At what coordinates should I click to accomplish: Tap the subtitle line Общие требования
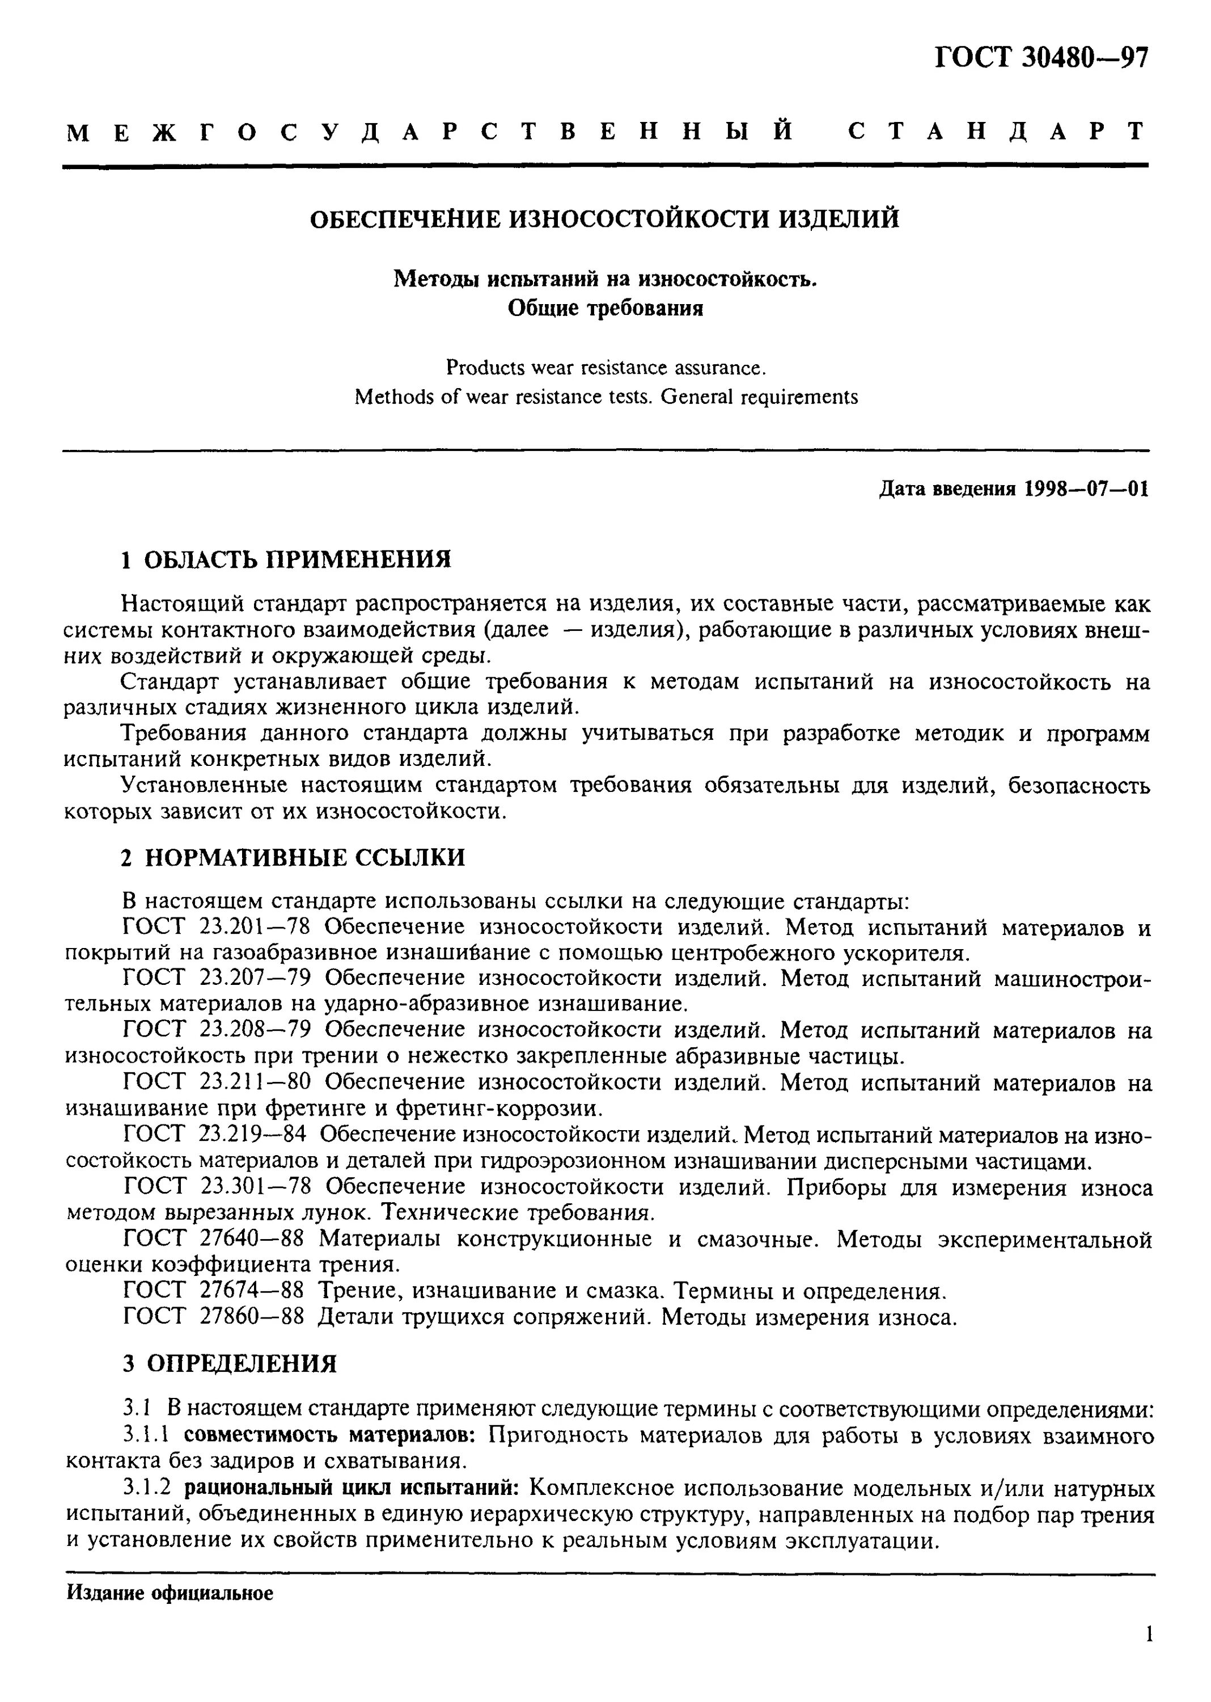pyautogui.click(x=605, y=307)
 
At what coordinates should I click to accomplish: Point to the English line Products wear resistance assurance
pyautogui.click(x=605, y=368)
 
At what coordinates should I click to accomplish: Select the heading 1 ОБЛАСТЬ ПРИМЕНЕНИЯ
pyautogui.click(x=286, y=559)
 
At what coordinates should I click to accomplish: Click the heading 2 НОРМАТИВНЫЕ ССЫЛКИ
pyautogui.click(x=293, y=857)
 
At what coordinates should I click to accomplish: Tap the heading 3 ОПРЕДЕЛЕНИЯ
pyautogui.click(x=230, y=1364)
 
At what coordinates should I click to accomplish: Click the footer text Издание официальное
pyautogui.click(x=170, y=1593)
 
